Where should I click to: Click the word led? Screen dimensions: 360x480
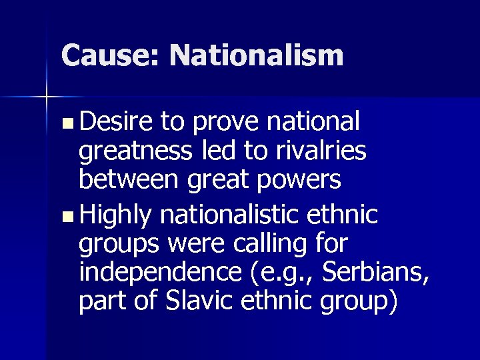(x=223, y=151)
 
